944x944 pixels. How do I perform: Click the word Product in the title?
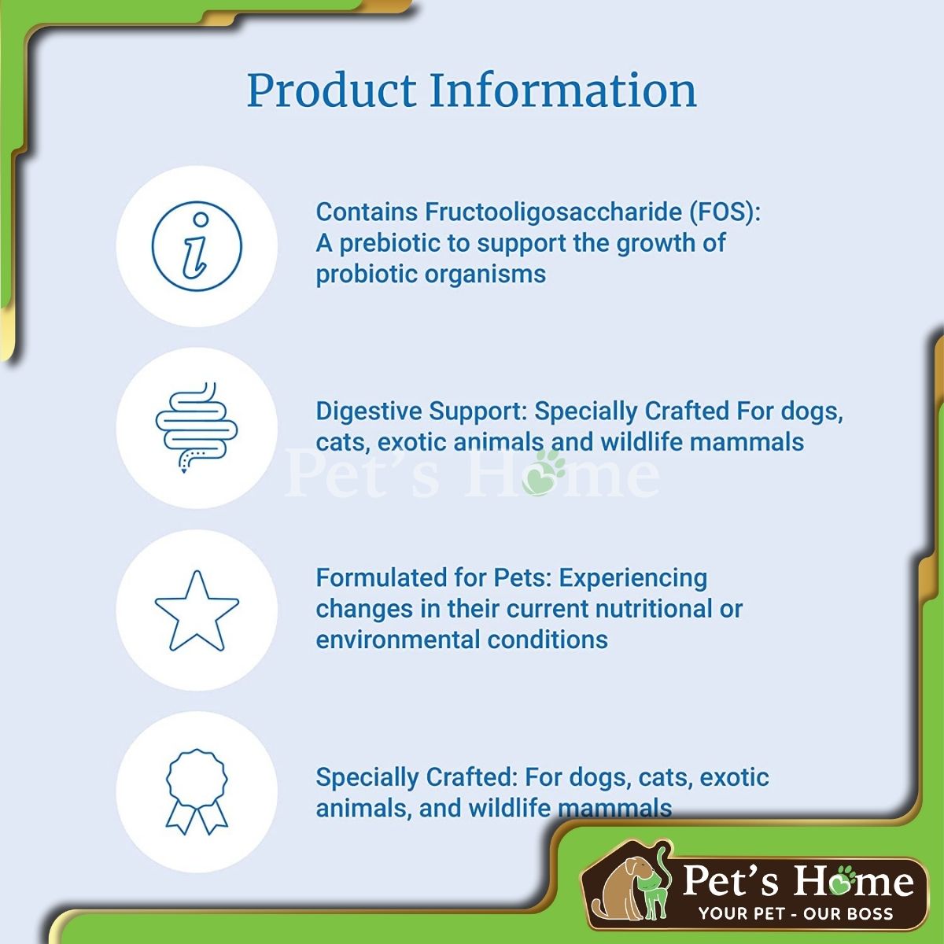(332, 90)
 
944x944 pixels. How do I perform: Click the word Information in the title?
(563, 90)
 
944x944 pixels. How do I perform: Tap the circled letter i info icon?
(197, 246)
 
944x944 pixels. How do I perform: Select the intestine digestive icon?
(197, 427)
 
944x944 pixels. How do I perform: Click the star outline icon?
(197, 610)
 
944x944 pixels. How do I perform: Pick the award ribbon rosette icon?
(197, 791)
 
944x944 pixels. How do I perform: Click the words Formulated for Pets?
(434, 577)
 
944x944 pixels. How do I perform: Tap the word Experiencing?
(633, 579)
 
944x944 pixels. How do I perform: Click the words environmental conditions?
(462, 640)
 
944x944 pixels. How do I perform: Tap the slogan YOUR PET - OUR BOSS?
(796, 913)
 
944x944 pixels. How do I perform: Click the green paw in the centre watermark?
(544, 472)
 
